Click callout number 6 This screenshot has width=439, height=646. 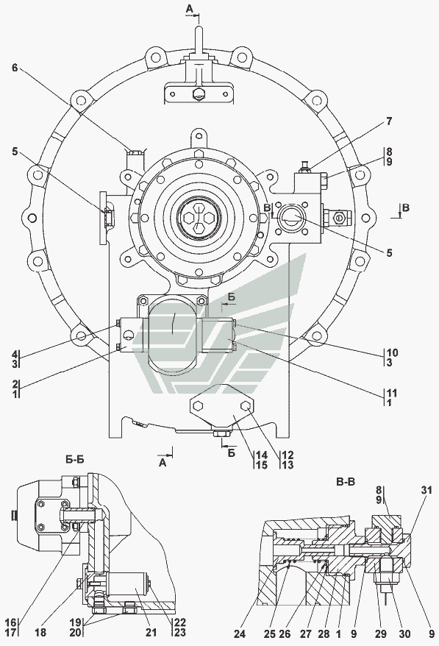[15, 67]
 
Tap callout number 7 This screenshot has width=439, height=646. [389, 121]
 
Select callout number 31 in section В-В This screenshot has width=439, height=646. [426, 490]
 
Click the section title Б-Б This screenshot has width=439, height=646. [74, 459]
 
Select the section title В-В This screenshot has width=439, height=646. [346, 482]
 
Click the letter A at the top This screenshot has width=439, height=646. [189, 8]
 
